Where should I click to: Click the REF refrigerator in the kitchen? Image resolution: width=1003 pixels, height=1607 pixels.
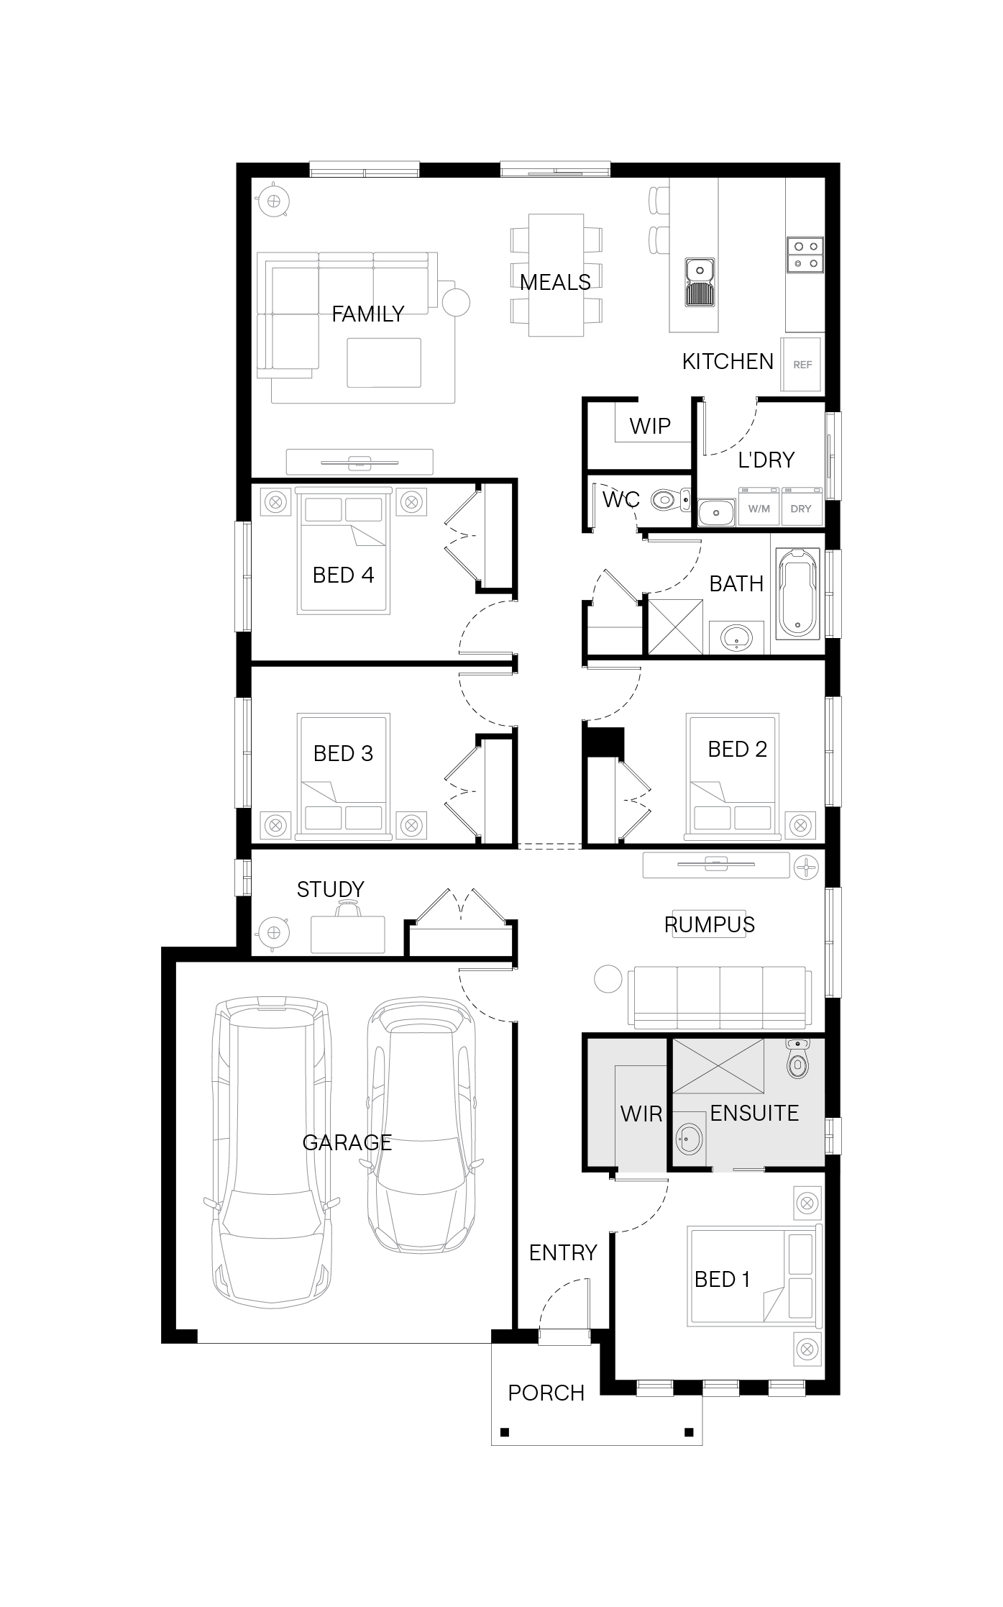click(x=802, y=364)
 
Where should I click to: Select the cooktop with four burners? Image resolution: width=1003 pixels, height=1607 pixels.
click(x=805, y=255)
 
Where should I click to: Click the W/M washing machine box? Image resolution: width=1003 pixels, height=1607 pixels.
click(x=759, y=507)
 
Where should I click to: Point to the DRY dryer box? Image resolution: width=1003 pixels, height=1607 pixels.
click(x=801, y=507)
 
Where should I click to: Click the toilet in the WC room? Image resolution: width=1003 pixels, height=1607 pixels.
click(x=669, y=499)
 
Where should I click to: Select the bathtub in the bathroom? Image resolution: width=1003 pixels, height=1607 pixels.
click(x=797, y=593)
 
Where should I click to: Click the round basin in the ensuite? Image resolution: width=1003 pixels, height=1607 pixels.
click(x=690, y=1139)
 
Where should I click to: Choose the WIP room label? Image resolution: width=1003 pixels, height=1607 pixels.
click(x=650, y=426)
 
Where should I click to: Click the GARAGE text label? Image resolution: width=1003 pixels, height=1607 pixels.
click(x=347, y=1142)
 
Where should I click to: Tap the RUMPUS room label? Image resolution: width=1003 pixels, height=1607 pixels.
click(x=710, y=924)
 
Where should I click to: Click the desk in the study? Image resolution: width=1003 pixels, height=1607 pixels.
click(x=348, y=934)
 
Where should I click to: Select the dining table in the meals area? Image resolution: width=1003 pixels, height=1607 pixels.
click(x=556, y=275)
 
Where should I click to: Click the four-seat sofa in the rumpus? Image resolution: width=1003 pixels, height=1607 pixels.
click(x=720, y=996)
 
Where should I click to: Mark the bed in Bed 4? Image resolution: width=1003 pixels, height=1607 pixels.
click(x=344, y=551)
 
